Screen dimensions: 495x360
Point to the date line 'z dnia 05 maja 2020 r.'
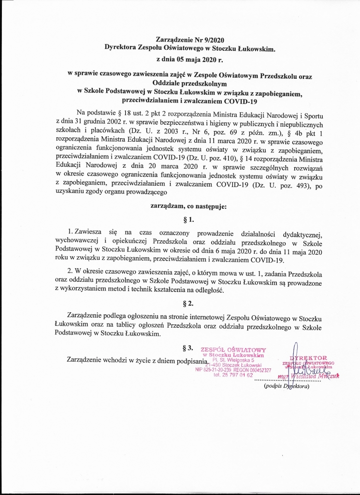[x=191, y=60]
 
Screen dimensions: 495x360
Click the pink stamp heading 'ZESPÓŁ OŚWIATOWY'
[x=233, y=350]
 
